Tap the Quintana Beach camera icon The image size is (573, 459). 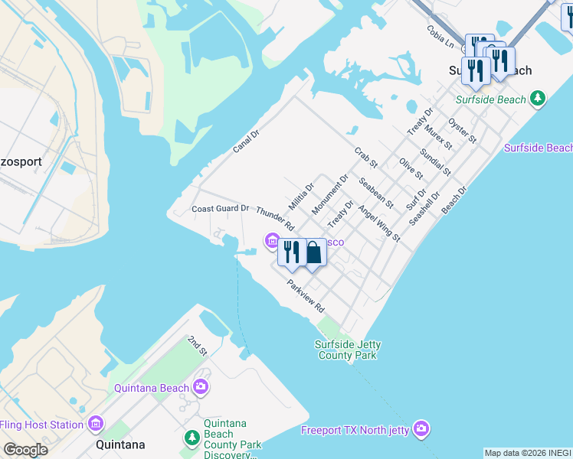tap(201, 387)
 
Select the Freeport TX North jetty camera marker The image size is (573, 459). tap(421, 429)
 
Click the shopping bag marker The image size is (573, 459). tap(313, 252)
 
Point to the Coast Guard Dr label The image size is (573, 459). tap(220, 208)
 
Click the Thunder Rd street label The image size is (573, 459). tap(275, 218)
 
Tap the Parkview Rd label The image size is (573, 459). tap(306, 296)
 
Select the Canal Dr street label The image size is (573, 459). tap(247, 140)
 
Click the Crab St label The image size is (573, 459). tap(366, 158)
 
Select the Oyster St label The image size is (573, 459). tap(463, 130)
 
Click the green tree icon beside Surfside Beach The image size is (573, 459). tap(539, 99)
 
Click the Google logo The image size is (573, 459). tap(25, 450)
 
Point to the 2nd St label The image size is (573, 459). tap(198, 345)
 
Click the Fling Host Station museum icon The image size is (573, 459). tap(96, 424)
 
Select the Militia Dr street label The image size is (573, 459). tap(301, 196)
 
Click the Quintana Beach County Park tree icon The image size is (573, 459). tap(192, 438)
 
